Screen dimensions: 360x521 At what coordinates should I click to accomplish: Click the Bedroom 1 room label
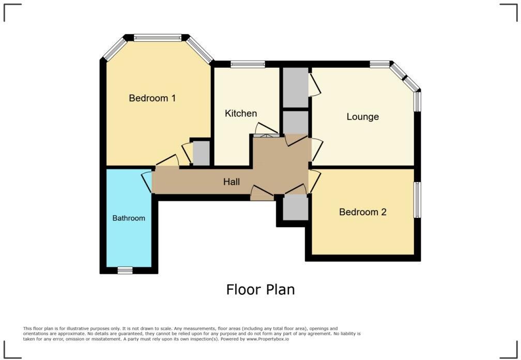pyautogui.click(x=152, y=98)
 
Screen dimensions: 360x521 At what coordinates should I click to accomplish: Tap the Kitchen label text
pyautogui.click(x=241, y=114)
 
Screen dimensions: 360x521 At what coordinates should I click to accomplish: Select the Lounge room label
pyautogui.click(x=362, y=117)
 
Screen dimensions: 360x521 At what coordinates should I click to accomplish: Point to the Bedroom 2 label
pyautogui.click(x=362, y=212)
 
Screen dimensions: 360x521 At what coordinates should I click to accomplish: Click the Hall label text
pyautogui.click(x=232, y=182)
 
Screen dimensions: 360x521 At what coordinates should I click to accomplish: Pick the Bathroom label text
pyautogui.click(x=129, y=218)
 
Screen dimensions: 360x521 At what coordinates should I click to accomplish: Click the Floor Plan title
pyautogui.click(x=260, y=289)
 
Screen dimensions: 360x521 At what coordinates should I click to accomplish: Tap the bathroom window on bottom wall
pyautogui.click(x=124, y=269)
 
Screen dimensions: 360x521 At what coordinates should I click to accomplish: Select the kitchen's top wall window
pyautogui.click(x=248, y=64)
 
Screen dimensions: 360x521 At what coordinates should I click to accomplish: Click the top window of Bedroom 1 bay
pyautogui.click(x=158, y=37)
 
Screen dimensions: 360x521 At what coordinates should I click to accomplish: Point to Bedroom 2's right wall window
pyautogui.click(x=417, y=200)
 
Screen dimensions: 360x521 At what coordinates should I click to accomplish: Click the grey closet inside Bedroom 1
pyautogui.click(x=201, y=154)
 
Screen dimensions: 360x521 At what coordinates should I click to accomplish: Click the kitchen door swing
pyautogui.click(x=267, y=129)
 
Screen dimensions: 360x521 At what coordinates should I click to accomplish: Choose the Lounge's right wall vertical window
pyautogui.click(x=417, y=101)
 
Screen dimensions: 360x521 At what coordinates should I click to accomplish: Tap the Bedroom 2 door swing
pyautogui.click(x=314, y=181)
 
